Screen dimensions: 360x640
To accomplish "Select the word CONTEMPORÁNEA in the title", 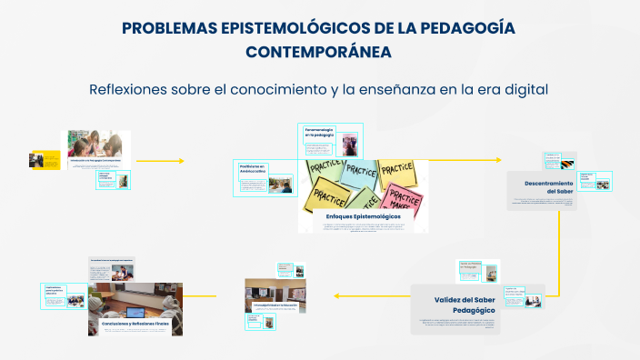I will (319, 53).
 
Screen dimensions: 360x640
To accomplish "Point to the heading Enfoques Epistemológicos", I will (362, 216).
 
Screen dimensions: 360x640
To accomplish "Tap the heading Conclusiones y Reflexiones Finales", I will (136, 323).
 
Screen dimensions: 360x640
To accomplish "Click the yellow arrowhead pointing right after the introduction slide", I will (181, 161).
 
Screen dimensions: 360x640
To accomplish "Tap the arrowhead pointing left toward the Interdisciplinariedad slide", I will (336, 295).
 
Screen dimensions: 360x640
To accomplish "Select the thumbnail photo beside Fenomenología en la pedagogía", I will (349, 143).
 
